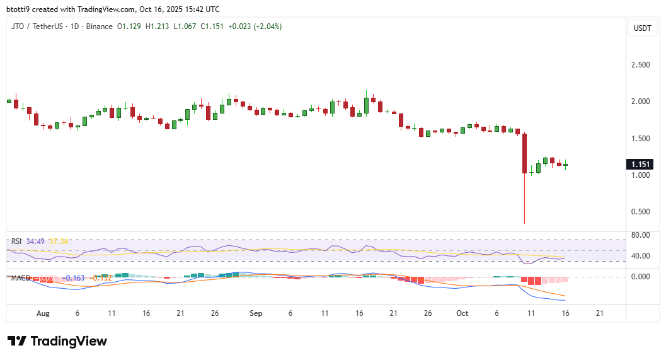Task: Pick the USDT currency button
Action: click(643, 28)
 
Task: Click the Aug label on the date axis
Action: click(43, 313)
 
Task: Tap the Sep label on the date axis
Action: click(256, 313)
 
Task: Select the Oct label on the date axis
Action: click(462, 313)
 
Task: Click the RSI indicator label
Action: click(16, 241)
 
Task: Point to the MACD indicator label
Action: click(20, 278)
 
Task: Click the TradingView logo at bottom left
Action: click(57, 341)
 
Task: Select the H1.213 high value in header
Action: click(158, 26)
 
